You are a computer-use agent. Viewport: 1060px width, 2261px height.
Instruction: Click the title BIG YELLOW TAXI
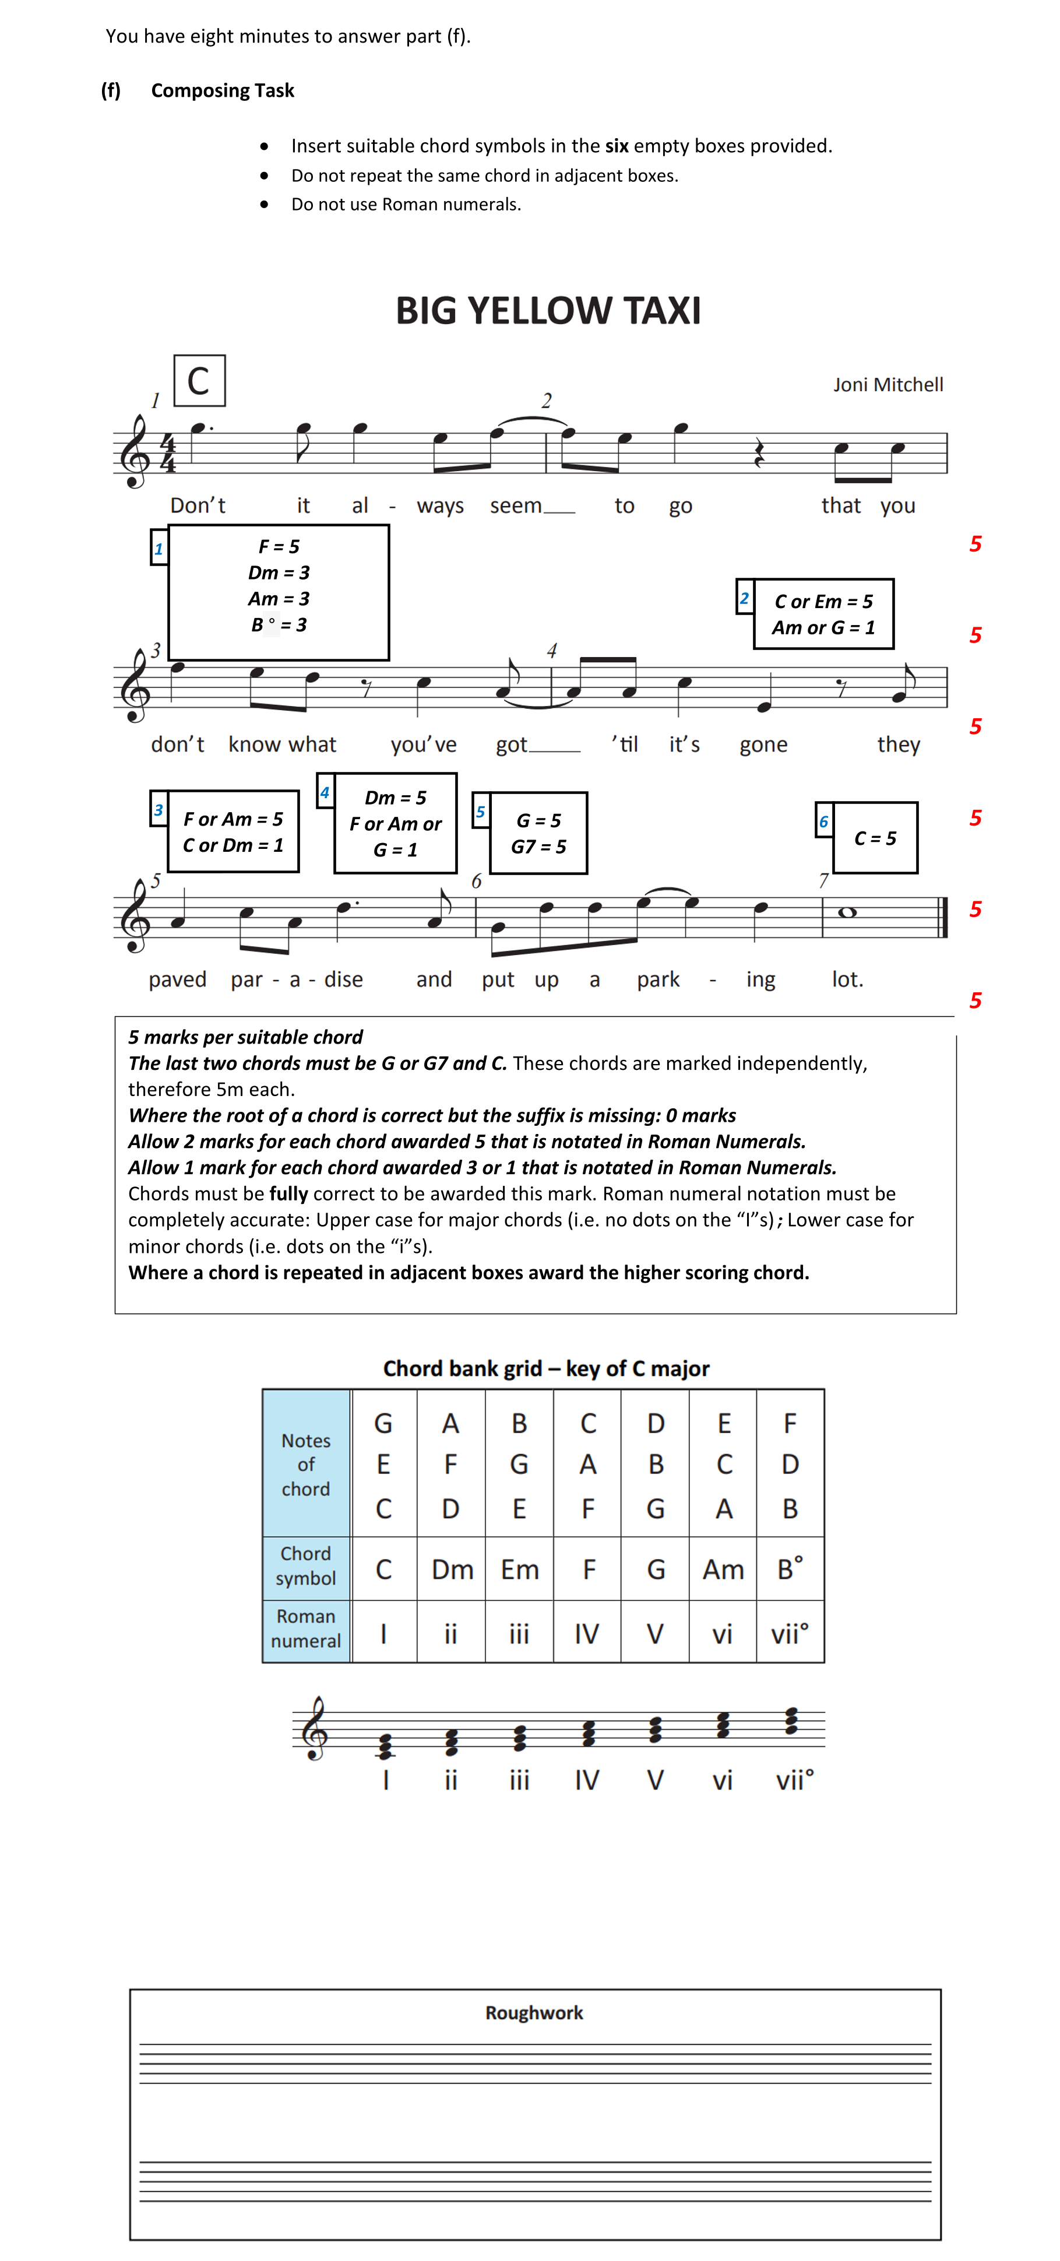[548, 311]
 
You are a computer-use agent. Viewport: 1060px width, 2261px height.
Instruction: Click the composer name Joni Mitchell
[887, 384]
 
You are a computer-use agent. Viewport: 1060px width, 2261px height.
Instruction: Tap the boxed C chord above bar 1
[199, 381]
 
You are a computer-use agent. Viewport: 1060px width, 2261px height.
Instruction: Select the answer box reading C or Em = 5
[823, 613]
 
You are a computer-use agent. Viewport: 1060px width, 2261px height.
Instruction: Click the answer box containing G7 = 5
[538, 833]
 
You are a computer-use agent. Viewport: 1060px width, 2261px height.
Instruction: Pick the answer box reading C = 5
[875, 838]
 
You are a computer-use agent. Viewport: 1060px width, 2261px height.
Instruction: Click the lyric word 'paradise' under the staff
[297, 979]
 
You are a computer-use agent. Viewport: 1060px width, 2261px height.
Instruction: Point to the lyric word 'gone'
[763, 745]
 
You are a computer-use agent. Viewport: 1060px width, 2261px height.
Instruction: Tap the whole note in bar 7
[847, 913]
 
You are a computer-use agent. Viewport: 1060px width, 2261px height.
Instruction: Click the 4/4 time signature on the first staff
[168, 453]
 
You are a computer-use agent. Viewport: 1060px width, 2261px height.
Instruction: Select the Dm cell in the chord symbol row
[452, 1568]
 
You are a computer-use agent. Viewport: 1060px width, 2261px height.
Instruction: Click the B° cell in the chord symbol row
[790, 1568]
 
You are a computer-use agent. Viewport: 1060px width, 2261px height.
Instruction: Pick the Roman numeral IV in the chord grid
[587, 1634]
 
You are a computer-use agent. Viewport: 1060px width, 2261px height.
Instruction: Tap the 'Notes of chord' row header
[307, 1464]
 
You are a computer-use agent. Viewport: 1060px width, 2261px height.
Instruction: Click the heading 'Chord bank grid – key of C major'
[546, 1368]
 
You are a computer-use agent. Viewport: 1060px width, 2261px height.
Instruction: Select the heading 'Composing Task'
[223, 90]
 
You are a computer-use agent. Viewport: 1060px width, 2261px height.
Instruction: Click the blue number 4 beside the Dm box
[325, 792]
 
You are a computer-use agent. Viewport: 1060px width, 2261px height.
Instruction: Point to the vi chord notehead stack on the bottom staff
[722, 1726]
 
